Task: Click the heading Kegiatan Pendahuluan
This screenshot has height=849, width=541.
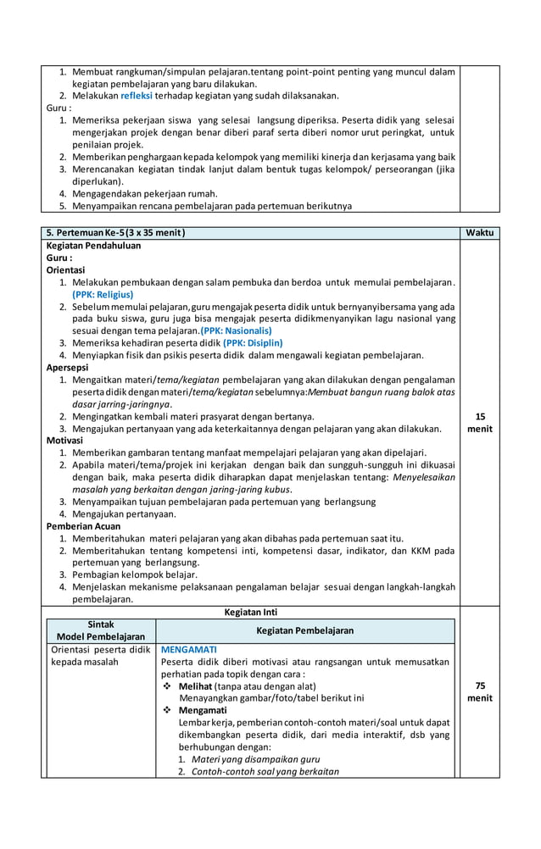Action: click(93, 245)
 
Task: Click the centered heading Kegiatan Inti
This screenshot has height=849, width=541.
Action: click(250, 612)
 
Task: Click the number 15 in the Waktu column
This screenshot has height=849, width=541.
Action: click(480, 416)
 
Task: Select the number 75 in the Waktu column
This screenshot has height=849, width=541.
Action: click(480, 685)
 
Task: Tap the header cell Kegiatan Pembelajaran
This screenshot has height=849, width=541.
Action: click(306, 630)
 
